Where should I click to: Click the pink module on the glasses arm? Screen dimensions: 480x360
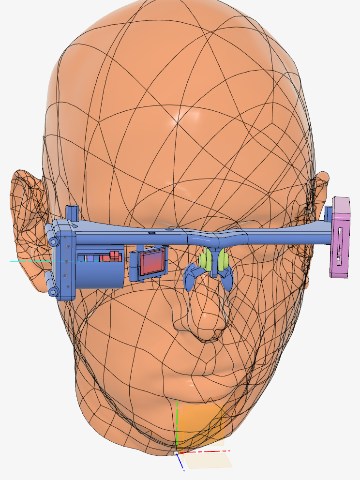[x=341, y=237]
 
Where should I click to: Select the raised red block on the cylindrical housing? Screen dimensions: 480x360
[x=115, y=255]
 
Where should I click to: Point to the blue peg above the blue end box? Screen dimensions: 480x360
[x=72, y=212]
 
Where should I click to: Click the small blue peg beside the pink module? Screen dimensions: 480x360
[x=329, y=212]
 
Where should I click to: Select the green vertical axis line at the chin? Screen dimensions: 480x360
[x=178, y=426]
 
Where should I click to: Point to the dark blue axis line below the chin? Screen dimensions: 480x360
[x=180, y=462]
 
